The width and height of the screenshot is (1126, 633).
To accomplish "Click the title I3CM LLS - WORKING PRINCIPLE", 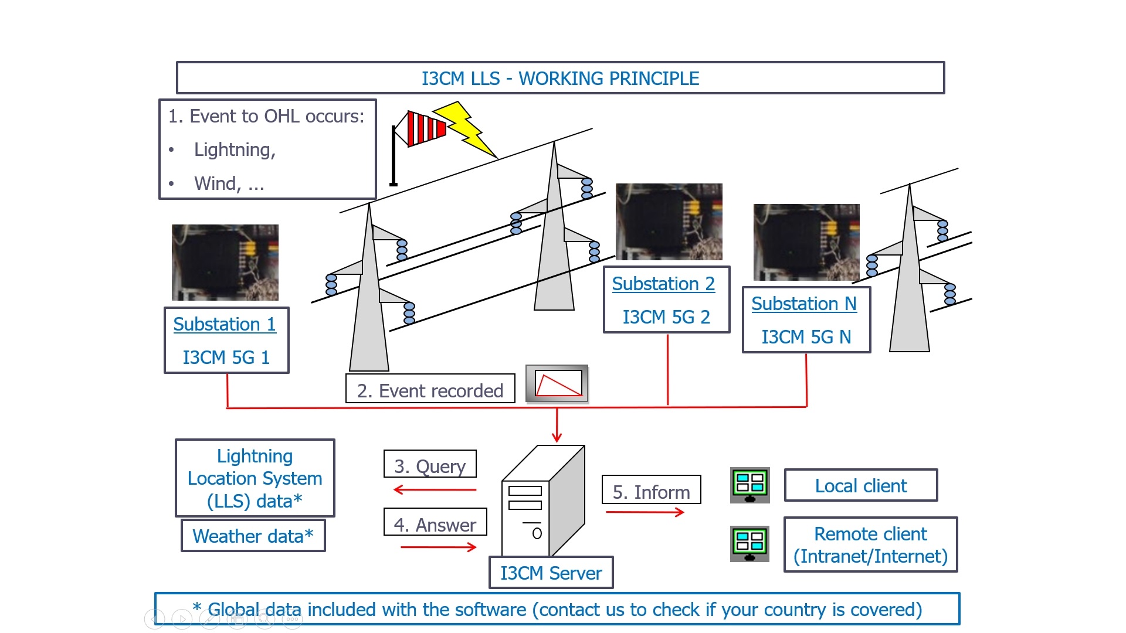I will tap(560, 78).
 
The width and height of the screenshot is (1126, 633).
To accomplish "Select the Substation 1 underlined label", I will tap(225, 324).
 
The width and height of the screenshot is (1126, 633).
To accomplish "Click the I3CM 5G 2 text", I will tap(666, 317).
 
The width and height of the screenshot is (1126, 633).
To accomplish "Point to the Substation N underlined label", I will tap(804, 304).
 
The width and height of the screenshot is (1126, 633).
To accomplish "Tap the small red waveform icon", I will tap(558, 384).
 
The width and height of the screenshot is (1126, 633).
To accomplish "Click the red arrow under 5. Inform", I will tap(645, 512).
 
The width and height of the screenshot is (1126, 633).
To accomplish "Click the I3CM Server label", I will tap(551, 573).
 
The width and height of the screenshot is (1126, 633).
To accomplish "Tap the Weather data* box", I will tap(253, 536).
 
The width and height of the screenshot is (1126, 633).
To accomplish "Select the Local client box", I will tap(860, 485).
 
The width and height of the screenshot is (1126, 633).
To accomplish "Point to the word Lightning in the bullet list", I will tap(235, 150).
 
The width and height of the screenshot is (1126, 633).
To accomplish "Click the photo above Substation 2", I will tap(669, 222).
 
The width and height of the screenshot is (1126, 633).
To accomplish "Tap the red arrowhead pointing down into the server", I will tap(557, 437).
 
